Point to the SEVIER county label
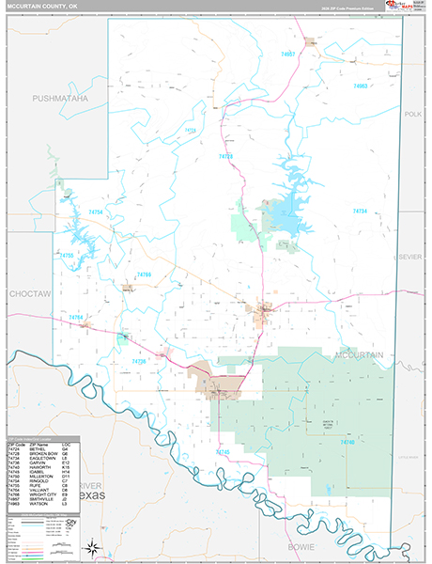click(410, 256)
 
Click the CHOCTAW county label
click(28, 294)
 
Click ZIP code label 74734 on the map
click(360, 211)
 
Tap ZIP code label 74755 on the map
click(66, 256)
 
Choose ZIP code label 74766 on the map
click(144, 274)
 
